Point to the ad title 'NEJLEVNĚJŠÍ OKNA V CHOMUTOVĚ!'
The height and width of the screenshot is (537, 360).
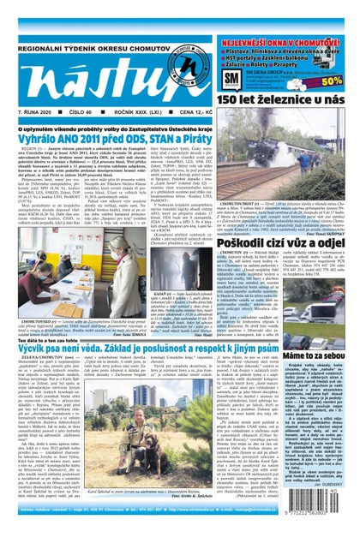tap(284, 40)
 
